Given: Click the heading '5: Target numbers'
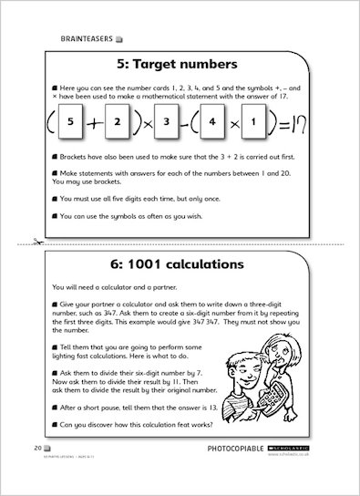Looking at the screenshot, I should [180, 65].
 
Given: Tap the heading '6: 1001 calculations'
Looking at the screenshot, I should [180, 265].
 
